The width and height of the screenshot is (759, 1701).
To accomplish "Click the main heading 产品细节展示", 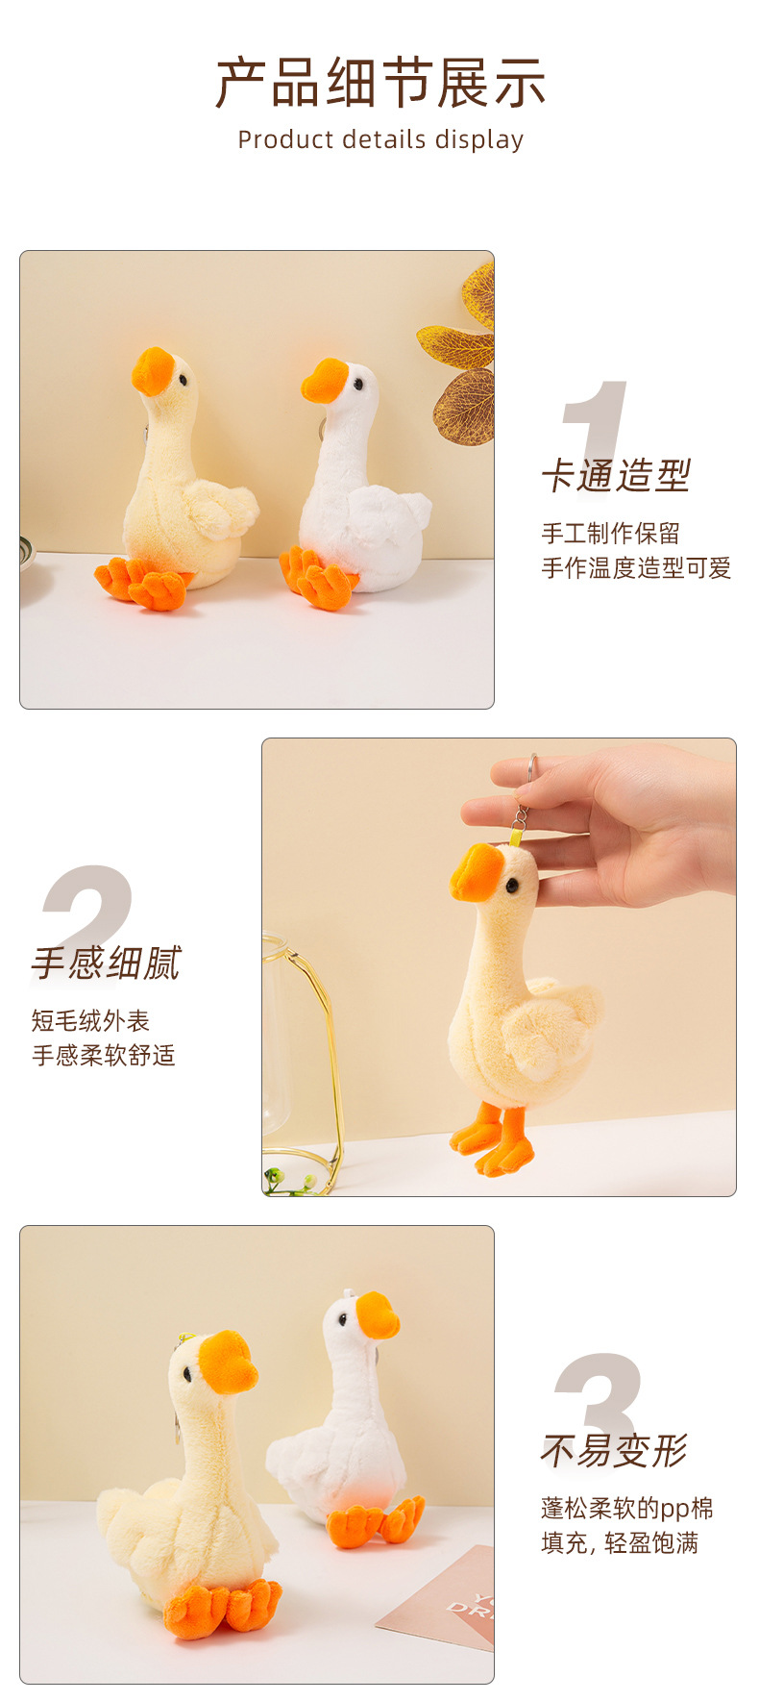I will (380, 83).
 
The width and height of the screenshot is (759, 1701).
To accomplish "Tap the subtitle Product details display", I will (380, 140).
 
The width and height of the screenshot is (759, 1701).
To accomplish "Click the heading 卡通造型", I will (616, 476).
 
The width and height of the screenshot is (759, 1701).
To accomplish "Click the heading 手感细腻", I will (106, 963).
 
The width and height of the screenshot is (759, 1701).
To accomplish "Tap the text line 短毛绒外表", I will (90, 1021).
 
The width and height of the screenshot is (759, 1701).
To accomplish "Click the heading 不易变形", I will (615, 1451).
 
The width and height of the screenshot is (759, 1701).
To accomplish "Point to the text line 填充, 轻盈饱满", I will (620, 1543).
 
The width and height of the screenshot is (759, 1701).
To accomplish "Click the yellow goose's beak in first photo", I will (152, 372).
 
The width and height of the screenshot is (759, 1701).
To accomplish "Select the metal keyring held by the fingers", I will (528, 775).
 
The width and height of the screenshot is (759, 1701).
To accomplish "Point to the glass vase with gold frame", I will (298, 1058).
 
